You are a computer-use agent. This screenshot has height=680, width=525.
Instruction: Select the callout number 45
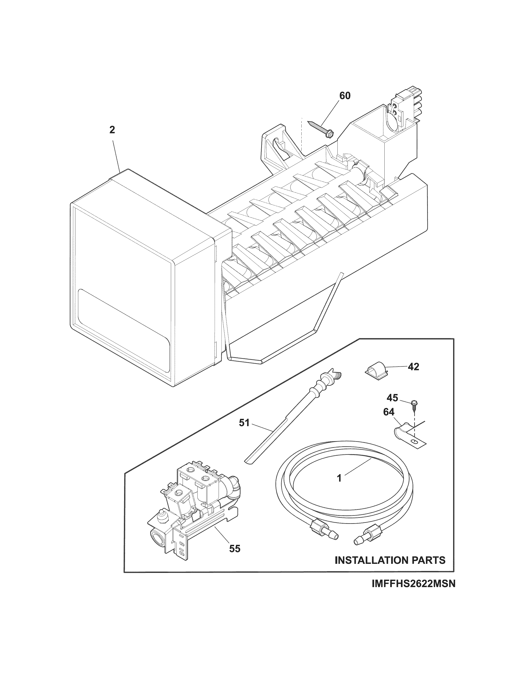[x=392, y=398]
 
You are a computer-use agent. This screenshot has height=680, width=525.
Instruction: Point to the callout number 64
[x=389, y=412]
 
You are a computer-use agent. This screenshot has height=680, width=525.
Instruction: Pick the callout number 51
[x=244, y=423]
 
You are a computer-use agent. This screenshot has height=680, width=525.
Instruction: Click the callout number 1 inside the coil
[x=340, y=478]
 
